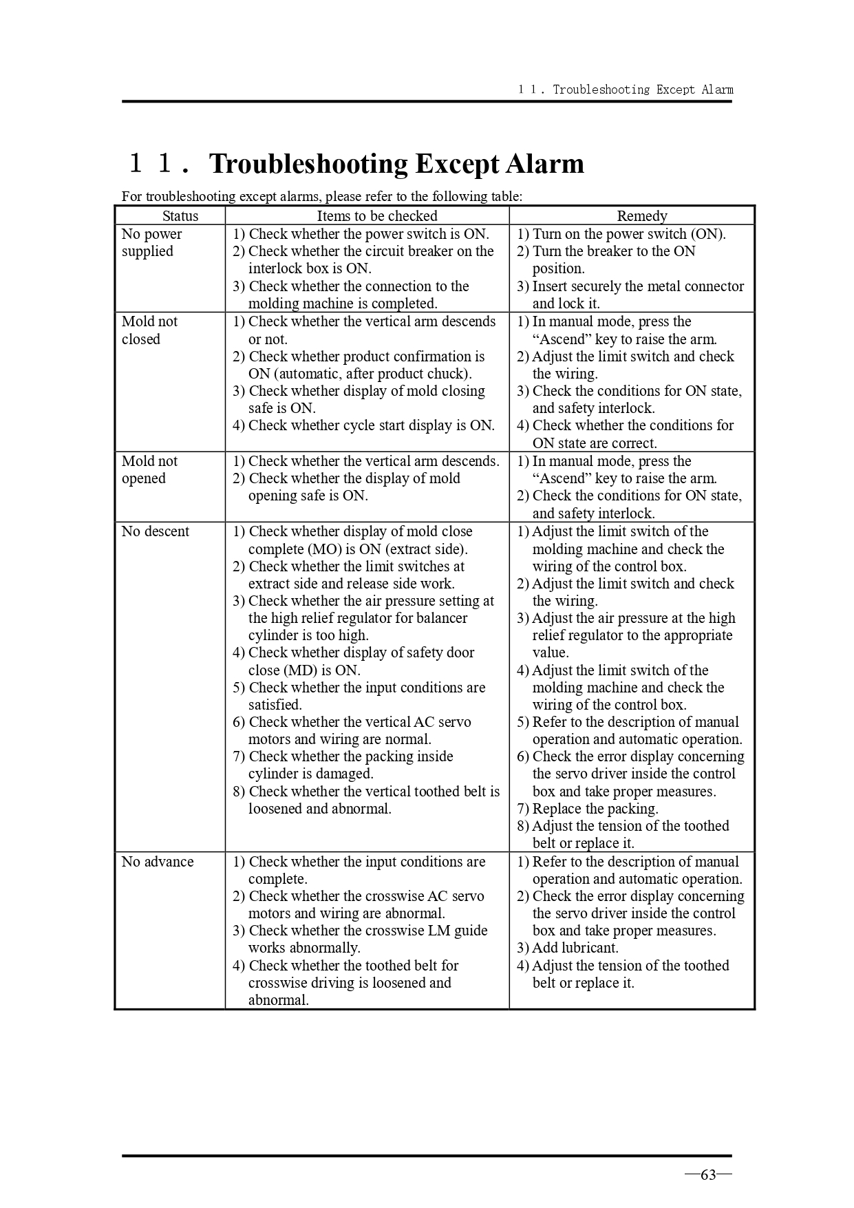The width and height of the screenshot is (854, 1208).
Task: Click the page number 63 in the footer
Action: point(708,1175)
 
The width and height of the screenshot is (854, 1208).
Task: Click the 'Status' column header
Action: point(180,216)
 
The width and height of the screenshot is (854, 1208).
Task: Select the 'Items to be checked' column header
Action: point(376,216)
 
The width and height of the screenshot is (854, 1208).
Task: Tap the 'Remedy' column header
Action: point(641,216)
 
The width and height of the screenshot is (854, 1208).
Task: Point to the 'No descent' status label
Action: point(156,531)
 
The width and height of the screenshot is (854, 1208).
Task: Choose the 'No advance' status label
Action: point(158,862)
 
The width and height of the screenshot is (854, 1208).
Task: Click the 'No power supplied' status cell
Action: point(152,242)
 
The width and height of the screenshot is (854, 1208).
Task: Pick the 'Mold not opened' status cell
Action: point(149,469)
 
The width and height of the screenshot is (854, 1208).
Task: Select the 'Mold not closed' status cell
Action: point(149,330)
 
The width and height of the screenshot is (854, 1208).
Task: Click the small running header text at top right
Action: point(626,89)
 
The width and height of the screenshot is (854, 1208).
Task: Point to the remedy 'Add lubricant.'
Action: point(568,948)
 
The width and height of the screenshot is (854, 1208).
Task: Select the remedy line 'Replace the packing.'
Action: point(588,809)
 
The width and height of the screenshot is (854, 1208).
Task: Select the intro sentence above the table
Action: point(322,196)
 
